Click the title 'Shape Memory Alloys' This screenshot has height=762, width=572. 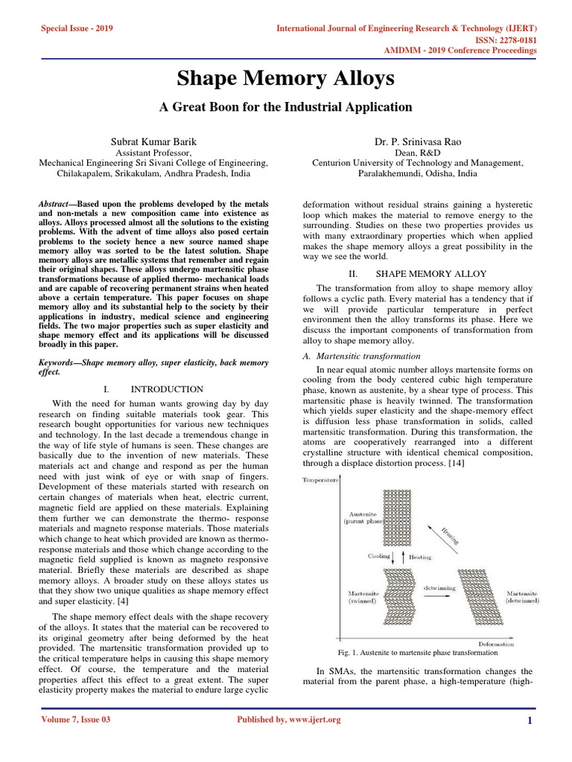[285, 79]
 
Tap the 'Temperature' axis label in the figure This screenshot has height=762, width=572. [320, 480]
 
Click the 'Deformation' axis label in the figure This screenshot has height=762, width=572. [496, 644]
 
